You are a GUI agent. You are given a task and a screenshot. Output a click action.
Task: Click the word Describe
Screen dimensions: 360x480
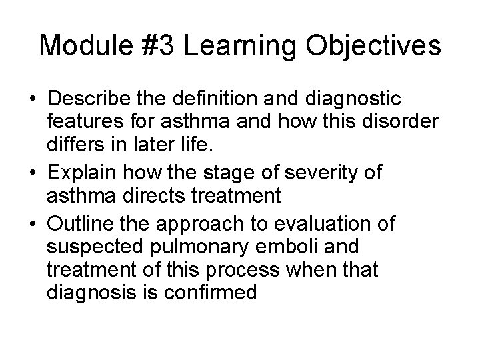point(92,99)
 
